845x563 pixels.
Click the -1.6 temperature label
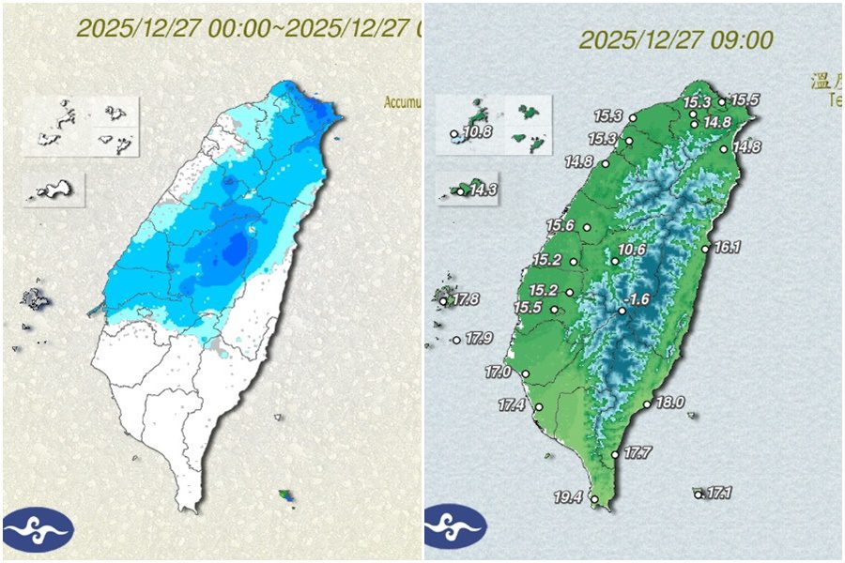coord(639,299)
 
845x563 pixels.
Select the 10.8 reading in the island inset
coord(478,131)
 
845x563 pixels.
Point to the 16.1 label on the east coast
coord(728,248)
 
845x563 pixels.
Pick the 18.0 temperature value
coord(669,402)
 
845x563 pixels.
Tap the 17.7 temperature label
coord(638,453)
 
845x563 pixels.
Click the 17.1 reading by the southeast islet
coord(719,492)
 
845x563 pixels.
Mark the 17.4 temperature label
coord(512,405)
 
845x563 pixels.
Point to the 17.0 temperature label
coord(498,373)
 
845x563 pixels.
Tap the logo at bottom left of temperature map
coord(455,529)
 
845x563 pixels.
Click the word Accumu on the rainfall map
coord(401,102)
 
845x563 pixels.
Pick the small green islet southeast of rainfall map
coord(286,495)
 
